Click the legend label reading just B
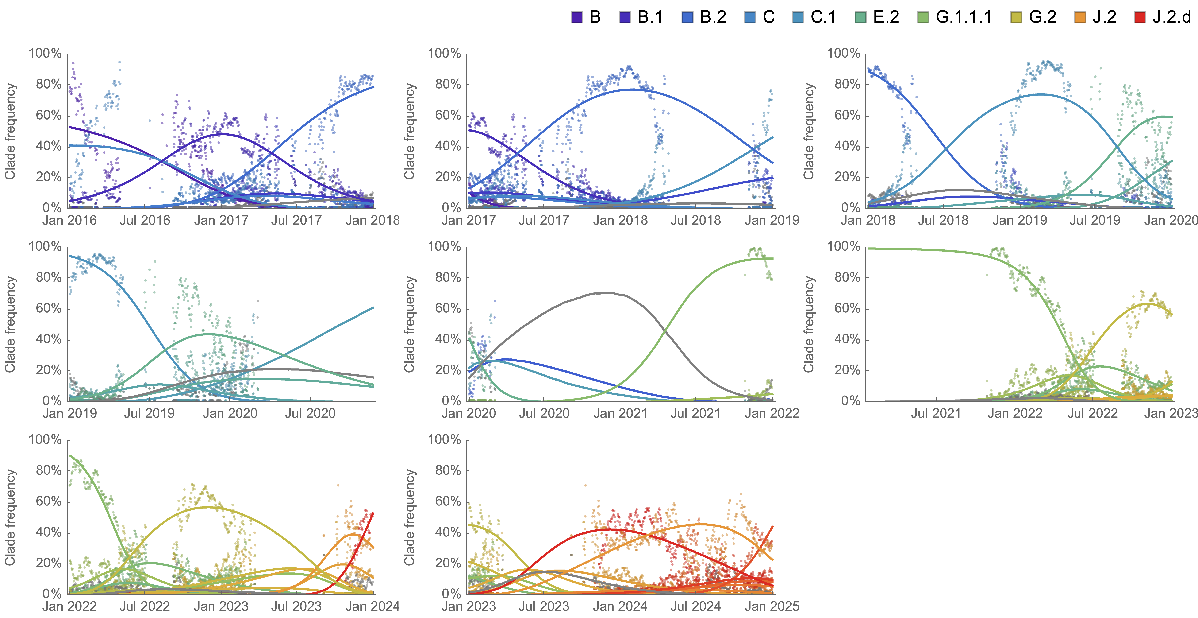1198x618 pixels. (595, 17)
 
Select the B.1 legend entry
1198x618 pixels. (650, 17)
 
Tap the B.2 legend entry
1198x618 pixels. (713, 17)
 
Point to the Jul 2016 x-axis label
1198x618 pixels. (145, 220)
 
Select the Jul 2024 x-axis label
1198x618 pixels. (696, 606)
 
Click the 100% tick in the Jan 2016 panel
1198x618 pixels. (45, 54)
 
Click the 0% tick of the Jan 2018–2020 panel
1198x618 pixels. (851, 208)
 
